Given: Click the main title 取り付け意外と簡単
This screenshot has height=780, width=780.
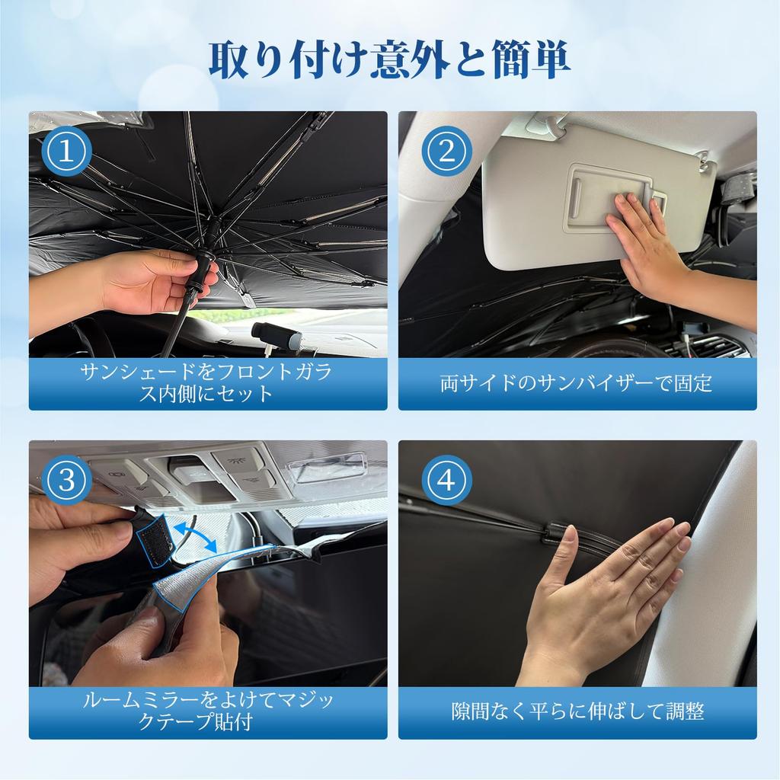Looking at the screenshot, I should pyautogui.click(x=389, y=61).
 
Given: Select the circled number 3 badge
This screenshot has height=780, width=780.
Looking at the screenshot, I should pyautogui.click(x=66, y=480).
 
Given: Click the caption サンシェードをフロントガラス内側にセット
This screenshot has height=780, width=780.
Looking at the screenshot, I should pyautogui.click(x=208, y=383).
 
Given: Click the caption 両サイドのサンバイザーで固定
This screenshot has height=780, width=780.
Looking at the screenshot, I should pyautogui.click(x=577, y=383).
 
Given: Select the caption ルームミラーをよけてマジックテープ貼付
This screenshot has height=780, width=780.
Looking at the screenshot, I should pyautogui.click(x=208, y=711).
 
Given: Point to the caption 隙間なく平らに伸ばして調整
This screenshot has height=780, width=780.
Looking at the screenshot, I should pyautogui.click(x=577, y=711).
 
